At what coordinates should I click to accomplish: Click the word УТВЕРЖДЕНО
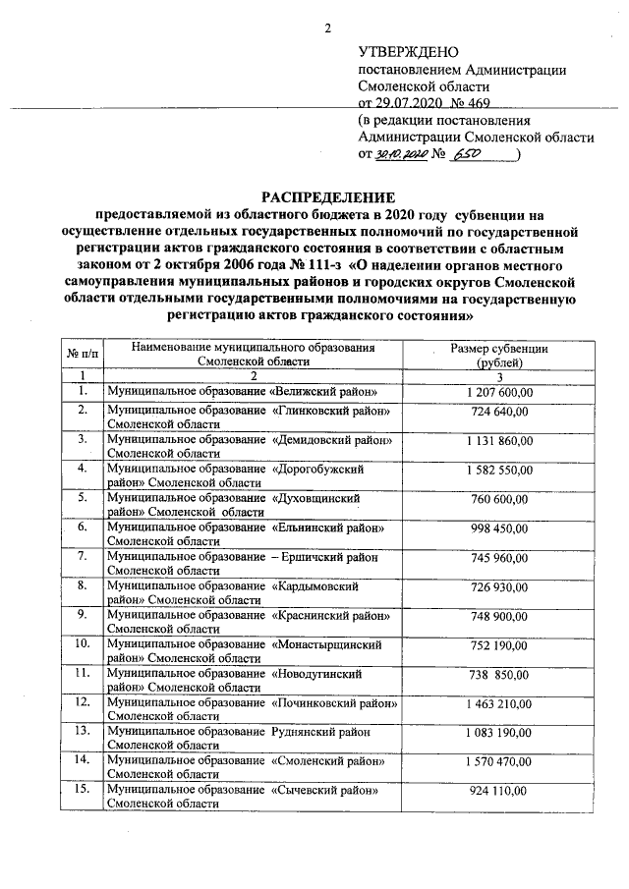tap(408, 51)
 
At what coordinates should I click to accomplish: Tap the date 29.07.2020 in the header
tap(404, 102)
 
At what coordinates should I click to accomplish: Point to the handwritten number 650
tap(472, 155)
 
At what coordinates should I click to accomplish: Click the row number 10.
tap(83, 644)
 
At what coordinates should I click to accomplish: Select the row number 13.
tap(83, 732)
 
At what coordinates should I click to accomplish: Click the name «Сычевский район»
tap(324, 791)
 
